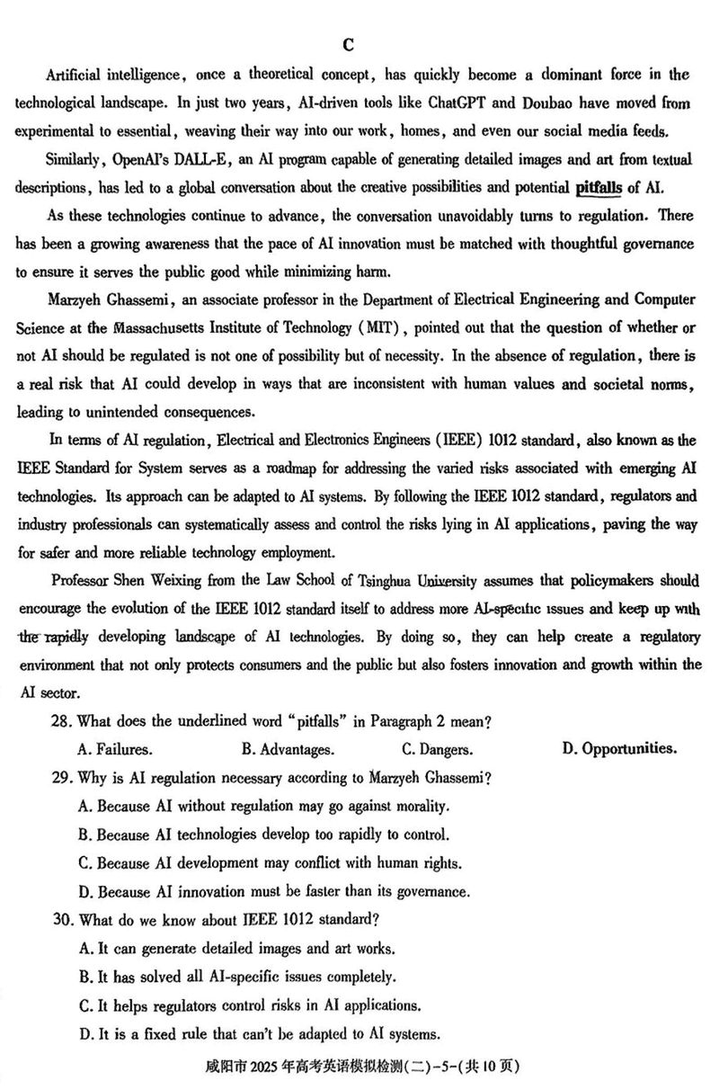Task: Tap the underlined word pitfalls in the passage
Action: (x=597, y=188)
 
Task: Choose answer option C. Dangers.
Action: (x=437, y=749)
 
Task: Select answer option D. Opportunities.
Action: (x=619, y=748)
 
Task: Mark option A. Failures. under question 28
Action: (x=115, y=749)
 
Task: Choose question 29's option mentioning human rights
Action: (x=270, y=863)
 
